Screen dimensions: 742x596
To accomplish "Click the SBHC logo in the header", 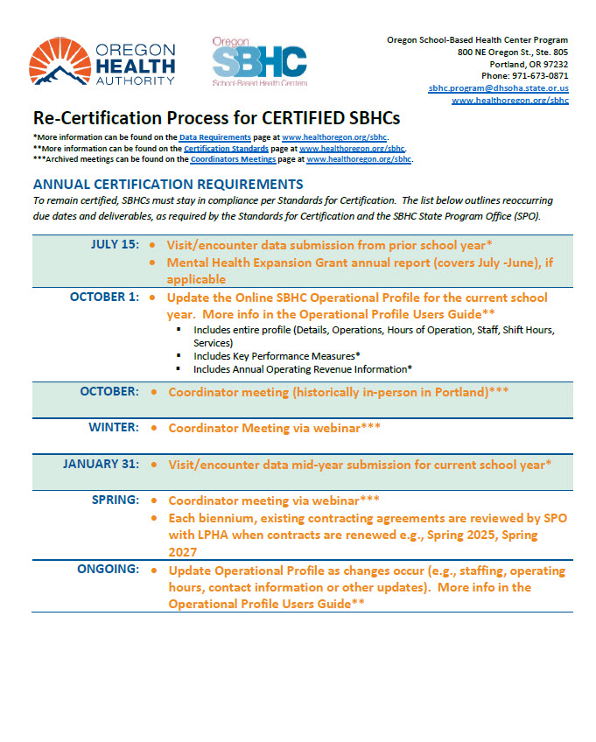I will (260, 61).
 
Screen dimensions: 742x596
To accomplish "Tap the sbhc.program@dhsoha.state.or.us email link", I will (498, 88).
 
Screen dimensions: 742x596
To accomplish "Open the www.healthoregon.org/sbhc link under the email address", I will (509, 101).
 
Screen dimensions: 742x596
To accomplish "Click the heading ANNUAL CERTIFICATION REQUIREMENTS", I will (167, 185).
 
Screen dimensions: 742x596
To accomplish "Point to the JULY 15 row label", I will (114, 244).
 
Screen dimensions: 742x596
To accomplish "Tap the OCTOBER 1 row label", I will (104, 297).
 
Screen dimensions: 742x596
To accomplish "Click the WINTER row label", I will (113, 428).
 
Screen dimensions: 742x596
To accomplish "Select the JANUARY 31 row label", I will (101, 465).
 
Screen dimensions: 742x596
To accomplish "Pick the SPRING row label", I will (115, 500).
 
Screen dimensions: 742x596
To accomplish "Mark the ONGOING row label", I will (106, 570).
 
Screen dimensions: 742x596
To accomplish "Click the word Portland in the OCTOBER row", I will (457, 392).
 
